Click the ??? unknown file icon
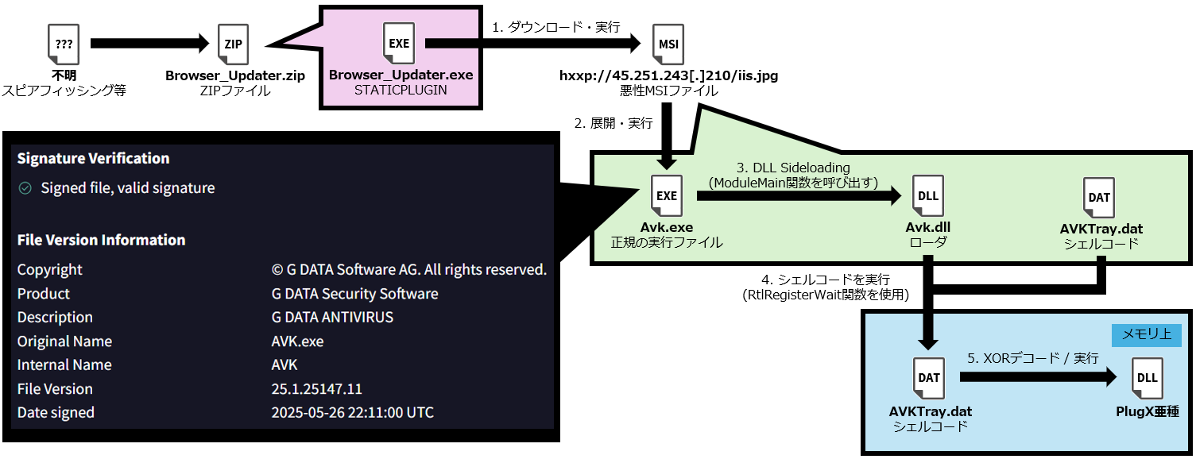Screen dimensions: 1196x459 [x=64, y=46]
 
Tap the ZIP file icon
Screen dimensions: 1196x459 [x=234, y=46]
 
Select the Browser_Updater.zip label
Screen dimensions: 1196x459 [x=235, y=76]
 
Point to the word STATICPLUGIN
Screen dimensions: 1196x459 [x=401, y=91]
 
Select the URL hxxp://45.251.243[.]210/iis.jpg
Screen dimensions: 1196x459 [x=668, y=76]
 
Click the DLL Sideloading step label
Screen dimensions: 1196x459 [x=793, y=168]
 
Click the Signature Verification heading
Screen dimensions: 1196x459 [x=93, y=159]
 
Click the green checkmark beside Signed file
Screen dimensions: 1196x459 [x=25, y=188]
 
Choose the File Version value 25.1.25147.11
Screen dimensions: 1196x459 [x=316, y=389]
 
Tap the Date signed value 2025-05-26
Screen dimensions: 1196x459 [x=352, y=413]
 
